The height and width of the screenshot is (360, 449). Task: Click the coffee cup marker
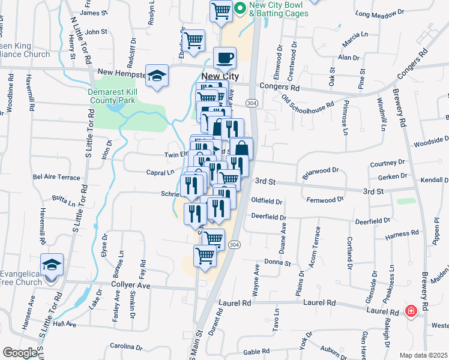pyautogui.click(x=225, y=59)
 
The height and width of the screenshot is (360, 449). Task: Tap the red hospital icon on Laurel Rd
pyautogui.click(x=411, y=311)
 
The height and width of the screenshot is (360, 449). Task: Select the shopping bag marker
pyautogui.click(x=241, y=148)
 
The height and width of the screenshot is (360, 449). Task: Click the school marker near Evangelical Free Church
pyautogui.click(x=52, y=264)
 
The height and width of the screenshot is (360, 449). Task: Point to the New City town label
pyautogui.click(x=220, y=76)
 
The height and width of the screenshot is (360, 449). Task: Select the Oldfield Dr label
pyautogui.click(x=267, y=200)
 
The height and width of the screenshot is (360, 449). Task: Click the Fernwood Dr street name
pyautogui.click(x=325, y=199)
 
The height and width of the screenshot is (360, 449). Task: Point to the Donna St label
pyautogui.click(x=278, y=263)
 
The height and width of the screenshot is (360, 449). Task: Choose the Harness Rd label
pyautogui.click(x=402, y=233)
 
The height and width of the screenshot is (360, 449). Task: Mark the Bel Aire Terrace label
pyautogui.click(x=56, y=178)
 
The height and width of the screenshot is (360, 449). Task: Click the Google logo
pyautogui.click(x=20, y=353)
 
